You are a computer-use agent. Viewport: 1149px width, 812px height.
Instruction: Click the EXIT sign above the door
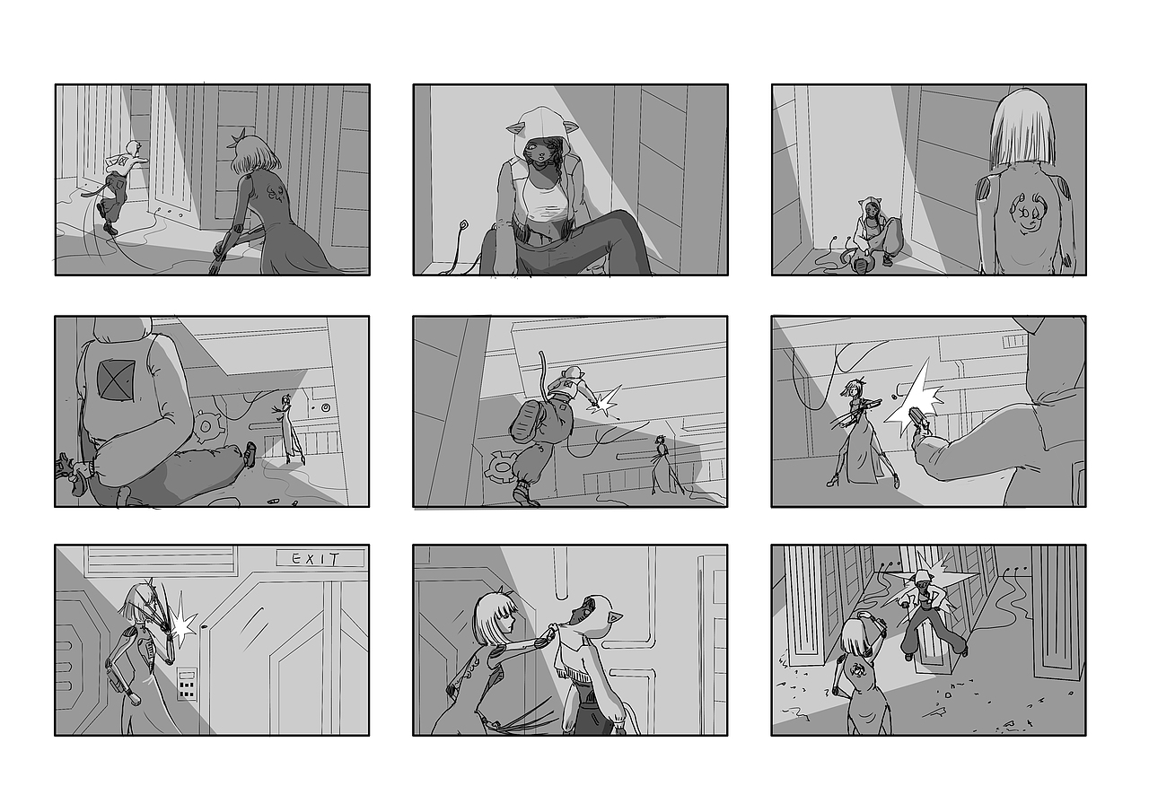[320, 558]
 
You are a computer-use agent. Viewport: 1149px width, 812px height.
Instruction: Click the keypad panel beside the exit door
[187, 684]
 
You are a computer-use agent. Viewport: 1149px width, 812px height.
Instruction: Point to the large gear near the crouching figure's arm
[206, 426]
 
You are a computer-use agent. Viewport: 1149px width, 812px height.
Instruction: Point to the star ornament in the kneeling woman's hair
[237, 138]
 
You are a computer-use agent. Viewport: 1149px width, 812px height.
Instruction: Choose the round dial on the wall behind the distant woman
[325, 408]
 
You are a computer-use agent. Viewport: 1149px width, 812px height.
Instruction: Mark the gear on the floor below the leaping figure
[502, 467]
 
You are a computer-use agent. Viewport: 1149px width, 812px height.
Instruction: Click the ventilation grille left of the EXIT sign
[162, 560]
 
